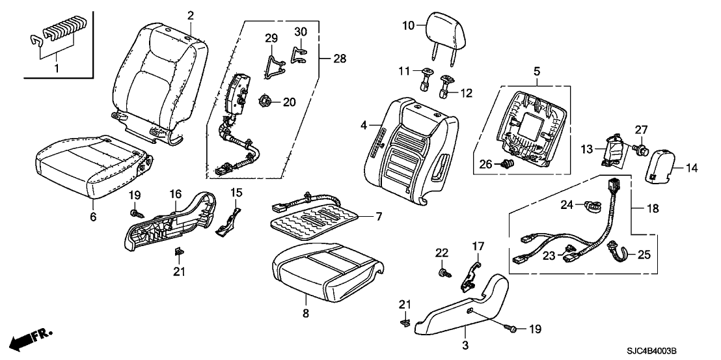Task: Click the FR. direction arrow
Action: point(25,339)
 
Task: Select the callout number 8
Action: point(305,313)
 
